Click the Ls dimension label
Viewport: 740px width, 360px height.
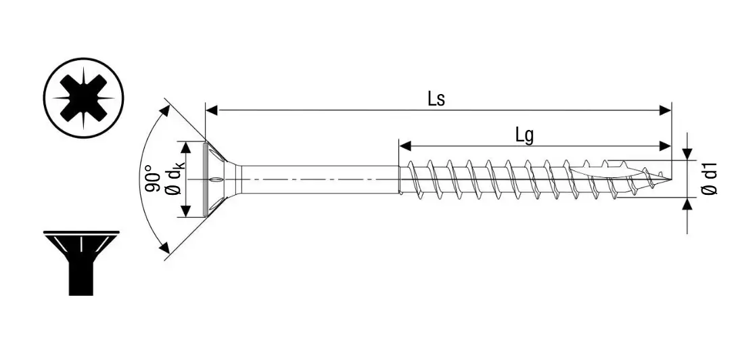click(x=436, y=99)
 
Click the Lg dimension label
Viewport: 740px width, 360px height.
click(x=524, y=135)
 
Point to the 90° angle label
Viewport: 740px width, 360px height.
click(x=153, y=179)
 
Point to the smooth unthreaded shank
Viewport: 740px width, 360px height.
click(x=318, y=179)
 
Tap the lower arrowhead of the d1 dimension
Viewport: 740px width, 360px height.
click(x=688, y=204)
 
